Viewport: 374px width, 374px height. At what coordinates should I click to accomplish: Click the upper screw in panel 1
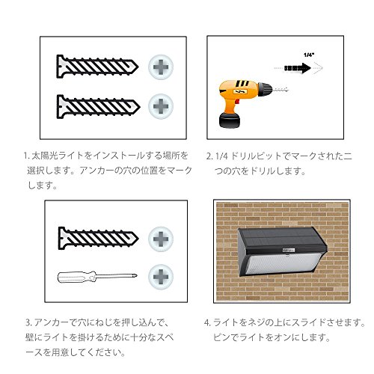[x=97, y=67]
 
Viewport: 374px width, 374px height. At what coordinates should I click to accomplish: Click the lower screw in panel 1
[x=98, y=107]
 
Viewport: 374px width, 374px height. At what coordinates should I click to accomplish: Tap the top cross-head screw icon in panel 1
[x=161, y=67]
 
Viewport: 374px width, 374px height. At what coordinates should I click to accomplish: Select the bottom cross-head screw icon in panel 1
[x=161, y=106]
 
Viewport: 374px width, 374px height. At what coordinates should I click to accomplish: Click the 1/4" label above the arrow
[x=308, y=55]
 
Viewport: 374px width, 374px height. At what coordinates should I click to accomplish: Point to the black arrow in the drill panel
[x=298, y=68]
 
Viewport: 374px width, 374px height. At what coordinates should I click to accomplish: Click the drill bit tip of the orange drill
[x=286, y=89]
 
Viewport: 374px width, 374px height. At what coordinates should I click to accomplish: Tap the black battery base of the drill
[x=230, y=120]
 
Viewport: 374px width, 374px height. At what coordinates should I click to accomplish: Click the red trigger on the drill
[x=237, y=102]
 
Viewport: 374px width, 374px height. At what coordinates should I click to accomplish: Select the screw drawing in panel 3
[x=98, y=238]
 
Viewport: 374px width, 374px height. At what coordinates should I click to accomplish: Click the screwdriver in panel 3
[x=97, y=277]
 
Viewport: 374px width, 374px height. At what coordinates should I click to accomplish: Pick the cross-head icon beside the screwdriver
[x=161, y=277]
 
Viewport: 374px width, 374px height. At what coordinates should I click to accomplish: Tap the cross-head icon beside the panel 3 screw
[x=161, y=239]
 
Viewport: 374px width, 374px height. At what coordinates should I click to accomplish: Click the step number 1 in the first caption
[x=25, y=156]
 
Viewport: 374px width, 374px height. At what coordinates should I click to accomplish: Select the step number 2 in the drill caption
[x=209, y=156]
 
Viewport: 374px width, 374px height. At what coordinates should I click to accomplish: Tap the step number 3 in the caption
[x=28, y=322]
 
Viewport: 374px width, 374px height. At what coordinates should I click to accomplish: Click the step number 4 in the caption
[x=206, y=322]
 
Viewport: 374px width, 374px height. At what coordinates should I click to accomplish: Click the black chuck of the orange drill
[x=265, y=89]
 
